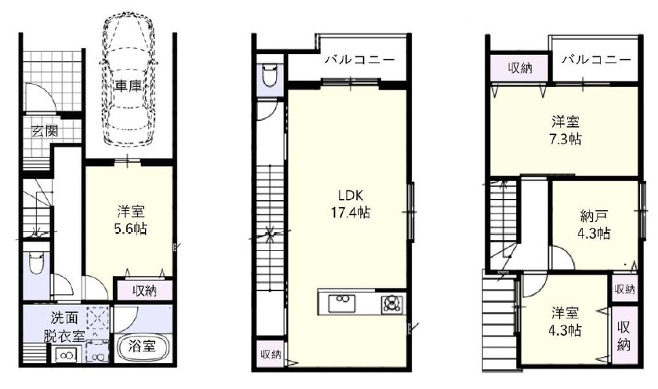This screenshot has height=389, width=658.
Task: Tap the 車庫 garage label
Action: (129, 86)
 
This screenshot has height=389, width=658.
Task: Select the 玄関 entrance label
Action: (45, 131)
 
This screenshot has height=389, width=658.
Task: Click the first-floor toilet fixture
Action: (35, 262)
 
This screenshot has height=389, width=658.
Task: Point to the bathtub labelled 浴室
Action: (142, 347)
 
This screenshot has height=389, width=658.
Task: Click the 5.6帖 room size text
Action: (132, 229)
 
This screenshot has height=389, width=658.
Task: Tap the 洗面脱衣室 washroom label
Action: (64, 327)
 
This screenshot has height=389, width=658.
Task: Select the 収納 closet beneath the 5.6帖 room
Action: (145, 290)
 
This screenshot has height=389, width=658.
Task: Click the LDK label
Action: (351, 195)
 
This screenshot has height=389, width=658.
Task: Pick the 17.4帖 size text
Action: (351, 213)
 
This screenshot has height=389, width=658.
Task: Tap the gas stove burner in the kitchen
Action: (392, 304)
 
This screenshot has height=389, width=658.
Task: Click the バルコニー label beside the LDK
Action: (360, 60)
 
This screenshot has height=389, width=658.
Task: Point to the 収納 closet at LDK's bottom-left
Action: (271, 354)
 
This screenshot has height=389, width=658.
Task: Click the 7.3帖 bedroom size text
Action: (565, 139)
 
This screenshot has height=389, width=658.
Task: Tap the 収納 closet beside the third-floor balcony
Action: (519, 67)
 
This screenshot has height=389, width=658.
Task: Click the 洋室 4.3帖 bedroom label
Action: (565, 322)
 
